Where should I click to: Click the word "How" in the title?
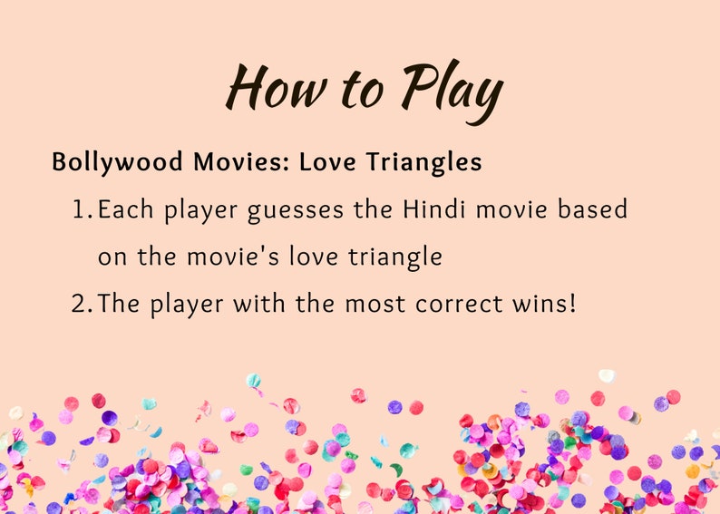tap(270, 89)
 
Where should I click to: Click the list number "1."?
tap(83, 210)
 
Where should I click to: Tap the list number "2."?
tap(83, 303)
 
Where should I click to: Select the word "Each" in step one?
tap(124, 210)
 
